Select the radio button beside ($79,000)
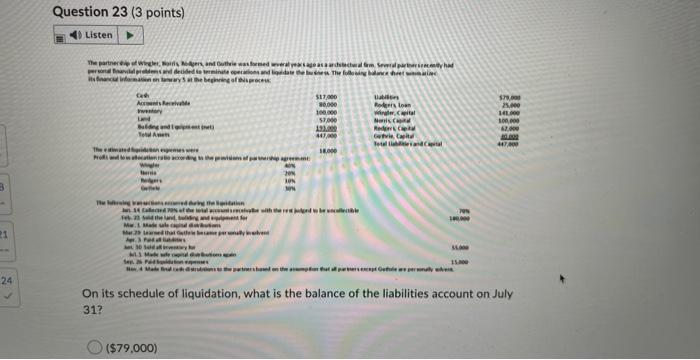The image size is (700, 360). click(x=93, y=347)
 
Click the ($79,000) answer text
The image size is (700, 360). click(x=132, y=347)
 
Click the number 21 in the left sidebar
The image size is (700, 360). click(x=5, y=233)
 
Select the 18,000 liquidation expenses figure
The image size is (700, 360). click(x=327, y=149)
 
